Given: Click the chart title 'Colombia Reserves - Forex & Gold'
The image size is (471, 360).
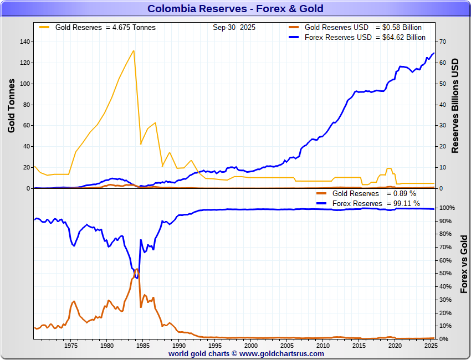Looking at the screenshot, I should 235,9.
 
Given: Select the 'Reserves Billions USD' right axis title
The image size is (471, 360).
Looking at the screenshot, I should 455,105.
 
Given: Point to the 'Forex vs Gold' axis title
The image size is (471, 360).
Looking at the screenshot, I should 464,264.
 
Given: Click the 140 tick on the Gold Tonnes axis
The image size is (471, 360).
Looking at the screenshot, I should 24,42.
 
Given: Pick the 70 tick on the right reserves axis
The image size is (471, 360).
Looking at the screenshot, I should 443,42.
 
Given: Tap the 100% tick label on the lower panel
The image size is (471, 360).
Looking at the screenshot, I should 447,208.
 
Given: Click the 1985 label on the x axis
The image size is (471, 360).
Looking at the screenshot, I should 142,346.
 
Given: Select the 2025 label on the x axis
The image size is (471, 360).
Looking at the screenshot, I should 431,346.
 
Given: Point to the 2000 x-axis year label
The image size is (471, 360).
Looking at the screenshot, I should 250,346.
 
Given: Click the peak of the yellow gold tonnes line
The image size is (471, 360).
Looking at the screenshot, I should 134,51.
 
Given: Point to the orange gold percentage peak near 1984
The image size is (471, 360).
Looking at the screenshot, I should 137,269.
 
